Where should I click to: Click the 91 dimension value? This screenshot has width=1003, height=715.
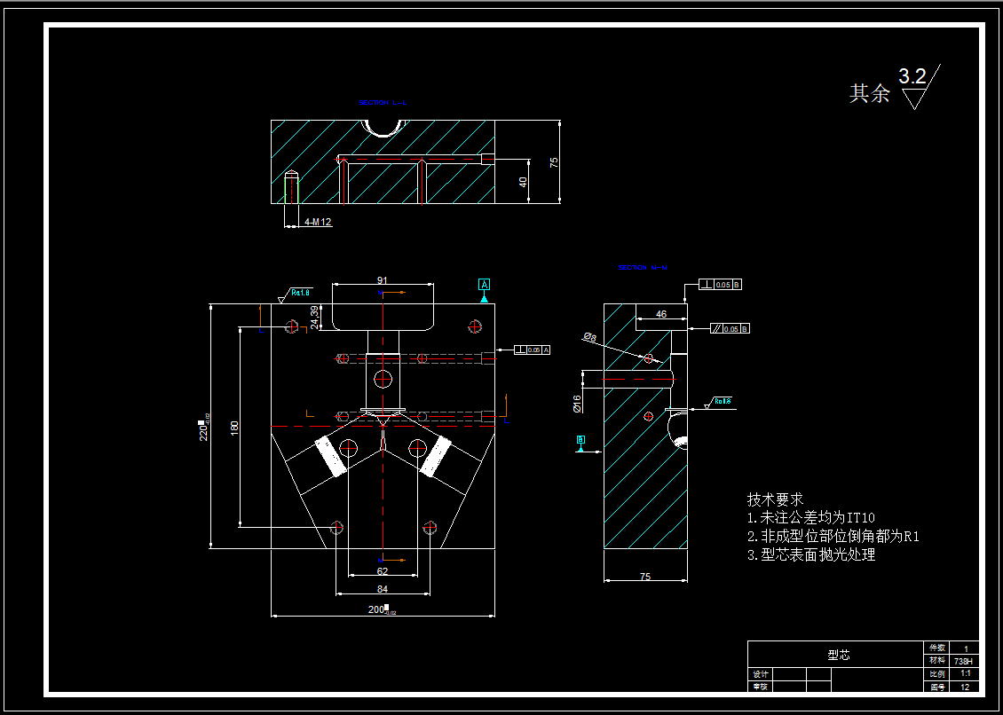click(383, 280)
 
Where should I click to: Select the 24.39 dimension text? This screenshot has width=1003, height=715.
click(315, 317)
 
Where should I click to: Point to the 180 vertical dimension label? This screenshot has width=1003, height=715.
click(234, 427)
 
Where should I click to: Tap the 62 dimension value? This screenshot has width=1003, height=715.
click(383, 571)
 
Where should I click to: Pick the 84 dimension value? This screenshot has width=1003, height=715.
click(383, 588)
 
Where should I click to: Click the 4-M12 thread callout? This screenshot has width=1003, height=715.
click(318, 222)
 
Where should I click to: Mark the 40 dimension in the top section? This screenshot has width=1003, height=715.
click(524, 181)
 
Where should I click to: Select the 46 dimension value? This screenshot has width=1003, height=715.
click(661, 314)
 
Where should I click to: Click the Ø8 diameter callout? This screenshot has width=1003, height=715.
click(589, 336)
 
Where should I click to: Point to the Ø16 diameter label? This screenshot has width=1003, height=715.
click(577, 404)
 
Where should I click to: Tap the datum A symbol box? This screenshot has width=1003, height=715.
click(485, 285)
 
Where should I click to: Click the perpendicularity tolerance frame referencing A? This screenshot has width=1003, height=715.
click(533, 350)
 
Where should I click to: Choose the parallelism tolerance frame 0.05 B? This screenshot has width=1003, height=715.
click(731, 328)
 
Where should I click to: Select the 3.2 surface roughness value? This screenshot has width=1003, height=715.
click(912, 77)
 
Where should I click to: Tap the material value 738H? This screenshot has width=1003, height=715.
click(964, 661)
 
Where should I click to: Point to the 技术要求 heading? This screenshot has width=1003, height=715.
click(775, 499)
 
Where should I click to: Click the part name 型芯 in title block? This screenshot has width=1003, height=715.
click(838, 655)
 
